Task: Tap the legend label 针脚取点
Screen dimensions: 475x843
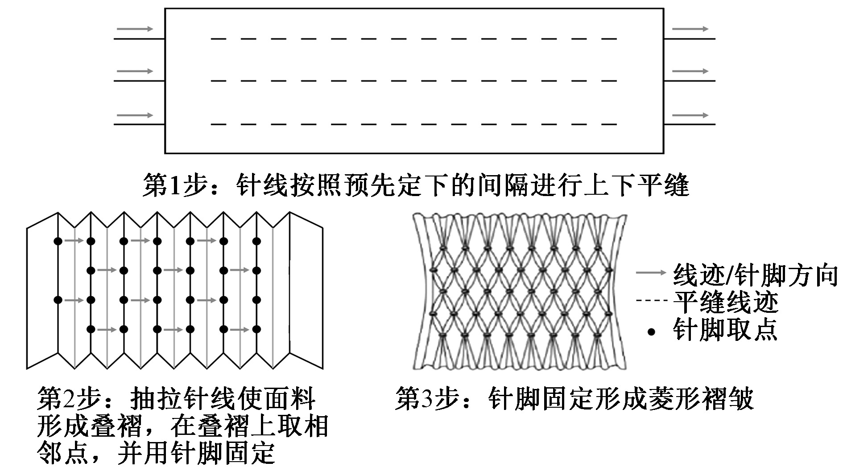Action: (x=725, y=330)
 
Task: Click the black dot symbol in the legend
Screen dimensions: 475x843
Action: (x=652, y=332)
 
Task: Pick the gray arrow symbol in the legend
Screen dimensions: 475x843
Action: (x=651, y=273)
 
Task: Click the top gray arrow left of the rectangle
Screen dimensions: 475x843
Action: (x=135, y=29)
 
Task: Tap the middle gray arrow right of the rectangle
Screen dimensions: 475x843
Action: (x=690, y=71)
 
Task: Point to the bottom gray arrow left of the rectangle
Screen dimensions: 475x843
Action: (x=135, y=115)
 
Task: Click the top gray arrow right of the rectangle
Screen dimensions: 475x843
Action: (x=690, y=29)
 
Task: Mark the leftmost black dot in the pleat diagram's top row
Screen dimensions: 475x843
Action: (x=58, y=241)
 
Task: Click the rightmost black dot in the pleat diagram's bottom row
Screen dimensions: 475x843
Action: (x=256, y=329)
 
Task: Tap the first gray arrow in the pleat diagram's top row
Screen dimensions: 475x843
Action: (x=74, y=241)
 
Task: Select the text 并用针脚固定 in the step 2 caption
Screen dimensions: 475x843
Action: (x=196, y=453)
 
